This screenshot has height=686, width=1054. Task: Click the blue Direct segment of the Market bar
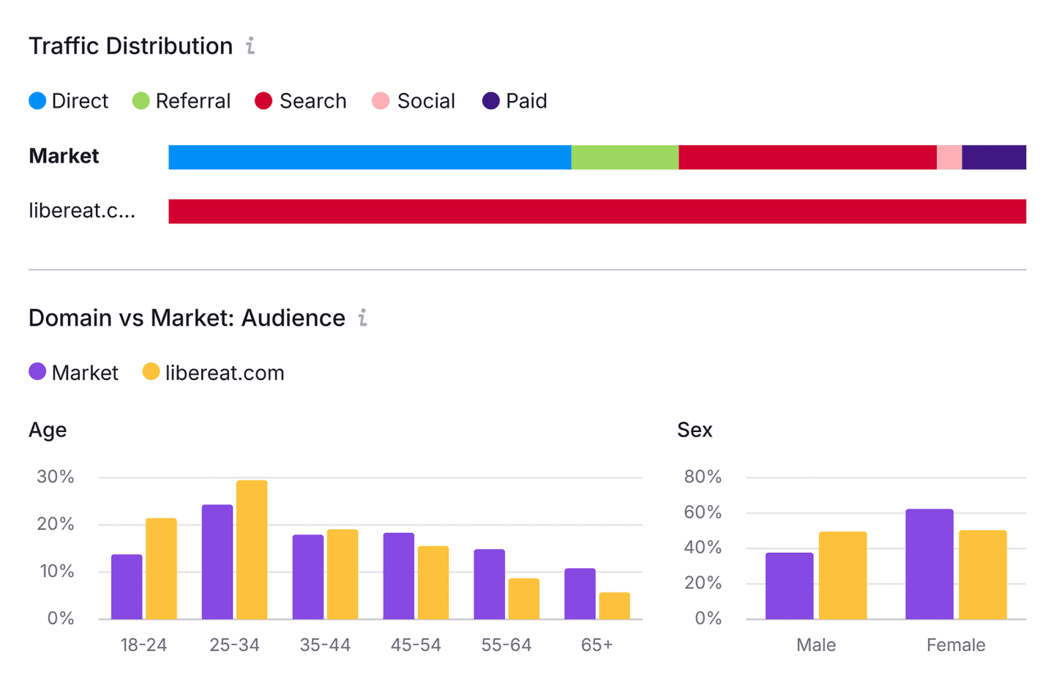point(370,157)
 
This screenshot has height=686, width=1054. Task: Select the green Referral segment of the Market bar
point(624,157)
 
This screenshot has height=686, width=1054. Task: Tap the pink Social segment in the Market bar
point(949,157)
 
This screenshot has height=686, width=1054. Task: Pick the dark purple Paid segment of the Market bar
point(993,157)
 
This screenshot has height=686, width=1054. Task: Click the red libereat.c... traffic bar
point(597,212)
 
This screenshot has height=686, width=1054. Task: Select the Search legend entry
point(301,101)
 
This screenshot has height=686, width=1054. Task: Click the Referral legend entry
point(182,101)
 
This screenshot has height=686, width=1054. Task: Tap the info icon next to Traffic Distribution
point(250,46)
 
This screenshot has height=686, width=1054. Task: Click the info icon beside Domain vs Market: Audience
point(362,318)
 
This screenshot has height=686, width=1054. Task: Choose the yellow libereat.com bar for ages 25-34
point(252,550)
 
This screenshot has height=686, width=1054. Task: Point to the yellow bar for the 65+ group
point(614,606)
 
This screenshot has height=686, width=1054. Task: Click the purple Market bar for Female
point(929,564)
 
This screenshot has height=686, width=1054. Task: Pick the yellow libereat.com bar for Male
point(842,575)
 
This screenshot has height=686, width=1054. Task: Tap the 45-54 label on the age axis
point(416,645)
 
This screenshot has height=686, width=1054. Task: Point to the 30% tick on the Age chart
point(56,477)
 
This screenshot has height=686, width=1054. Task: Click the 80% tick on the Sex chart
point(703,477)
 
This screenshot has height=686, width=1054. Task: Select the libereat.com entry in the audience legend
point(213,373)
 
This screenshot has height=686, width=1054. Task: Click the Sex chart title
point(694,430)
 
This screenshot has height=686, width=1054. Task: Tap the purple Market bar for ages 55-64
point(489,584)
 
